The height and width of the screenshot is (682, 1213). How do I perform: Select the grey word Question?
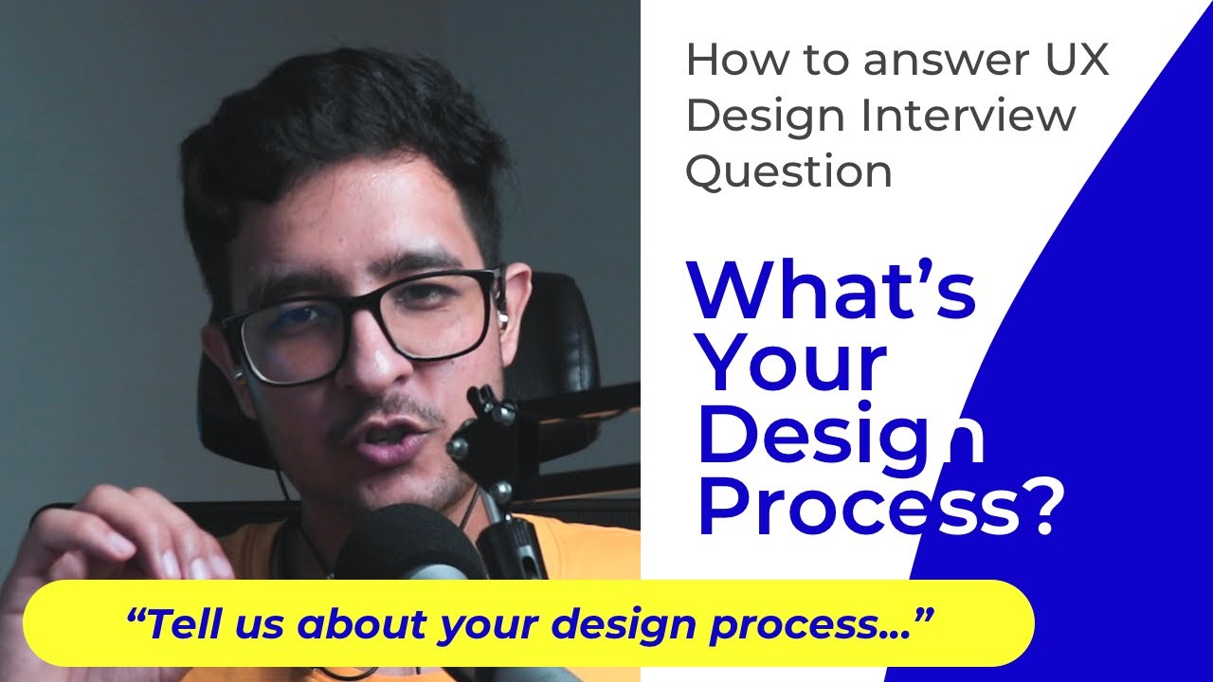click(x=788, y=173)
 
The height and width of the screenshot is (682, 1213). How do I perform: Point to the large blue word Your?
click(x=791, y=364)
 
